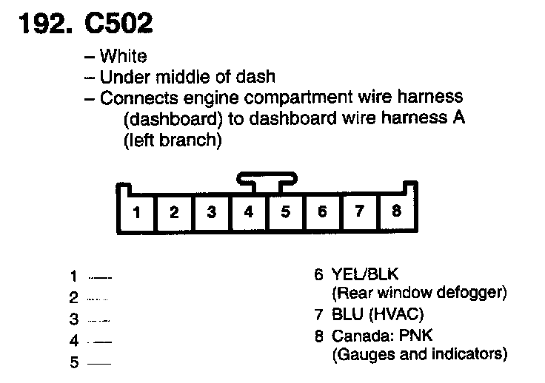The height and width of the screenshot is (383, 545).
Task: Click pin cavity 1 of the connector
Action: point(137,213)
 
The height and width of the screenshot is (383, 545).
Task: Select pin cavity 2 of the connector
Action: point(174,213)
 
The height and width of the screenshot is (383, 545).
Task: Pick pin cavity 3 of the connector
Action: point(211,213)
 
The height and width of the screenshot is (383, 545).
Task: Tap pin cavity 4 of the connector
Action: point(248,213)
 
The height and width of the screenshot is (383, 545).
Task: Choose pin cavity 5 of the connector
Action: point(285,213)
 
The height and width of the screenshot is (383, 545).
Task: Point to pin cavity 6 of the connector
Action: point(322,213)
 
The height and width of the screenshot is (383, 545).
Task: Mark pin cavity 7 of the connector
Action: point(359,212)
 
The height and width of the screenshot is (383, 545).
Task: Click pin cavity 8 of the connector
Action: point(396,211)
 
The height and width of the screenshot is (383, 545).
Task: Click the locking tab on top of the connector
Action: point(267,178)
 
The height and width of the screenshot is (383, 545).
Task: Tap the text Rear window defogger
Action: point(420,293)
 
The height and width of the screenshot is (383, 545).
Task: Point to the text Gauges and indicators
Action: point(420,354)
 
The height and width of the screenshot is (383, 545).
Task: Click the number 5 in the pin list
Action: point(74,363)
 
